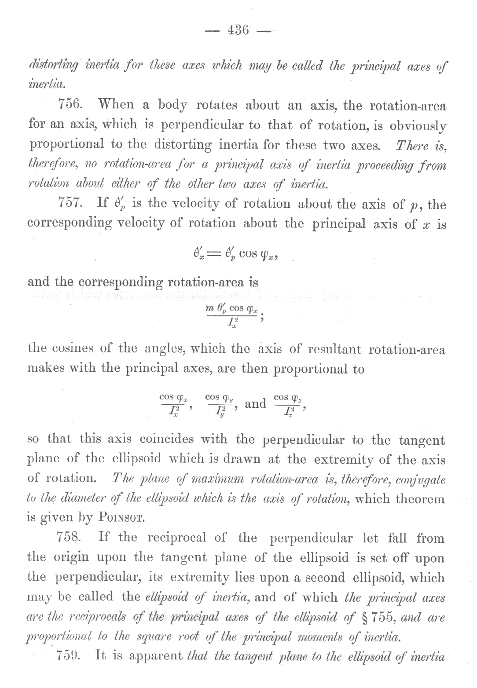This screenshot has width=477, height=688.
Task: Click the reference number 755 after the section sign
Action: pos(377,616)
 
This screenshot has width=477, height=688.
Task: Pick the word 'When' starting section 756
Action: pos(115,105)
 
